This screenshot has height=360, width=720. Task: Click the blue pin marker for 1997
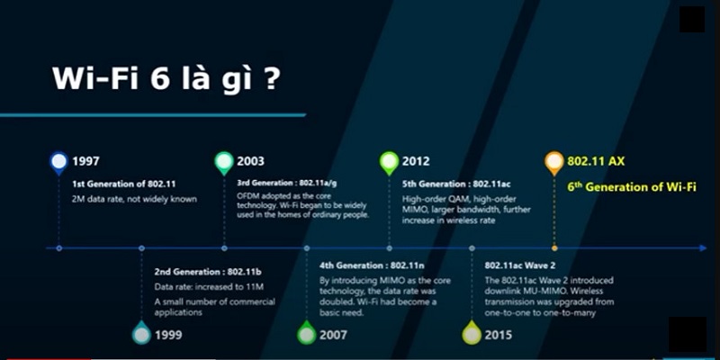58,163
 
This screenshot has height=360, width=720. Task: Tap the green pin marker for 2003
224,163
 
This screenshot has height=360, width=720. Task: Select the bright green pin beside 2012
389,163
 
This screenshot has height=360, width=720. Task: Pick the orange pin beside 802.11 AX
554,163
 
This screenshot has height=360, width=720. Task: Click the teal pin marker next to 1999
141,333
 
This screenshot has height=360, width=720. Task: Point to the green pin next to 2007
307,333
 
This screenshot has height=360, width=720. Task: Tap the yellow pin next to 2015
472,333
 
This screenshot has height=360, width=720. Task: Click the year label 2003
251,162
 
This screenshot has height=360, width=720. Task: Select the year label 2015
499,335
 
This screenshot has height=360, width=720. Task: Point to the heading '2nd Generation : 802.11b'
208,272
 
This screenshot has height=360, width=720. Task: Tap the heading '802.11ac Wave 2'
520,265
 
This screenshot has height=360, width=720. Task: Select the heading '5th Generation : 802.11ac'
456,184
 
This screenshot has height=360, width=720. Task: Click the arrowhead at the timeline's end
703,248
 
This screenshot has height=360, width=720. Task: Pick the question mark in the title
272,78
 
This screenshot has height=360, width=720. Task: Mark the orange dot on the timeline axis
554,248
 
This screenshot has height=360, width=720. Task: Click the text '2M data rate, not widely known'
134,199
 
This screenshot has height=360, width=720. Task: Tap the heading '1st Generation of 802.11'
123,184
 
